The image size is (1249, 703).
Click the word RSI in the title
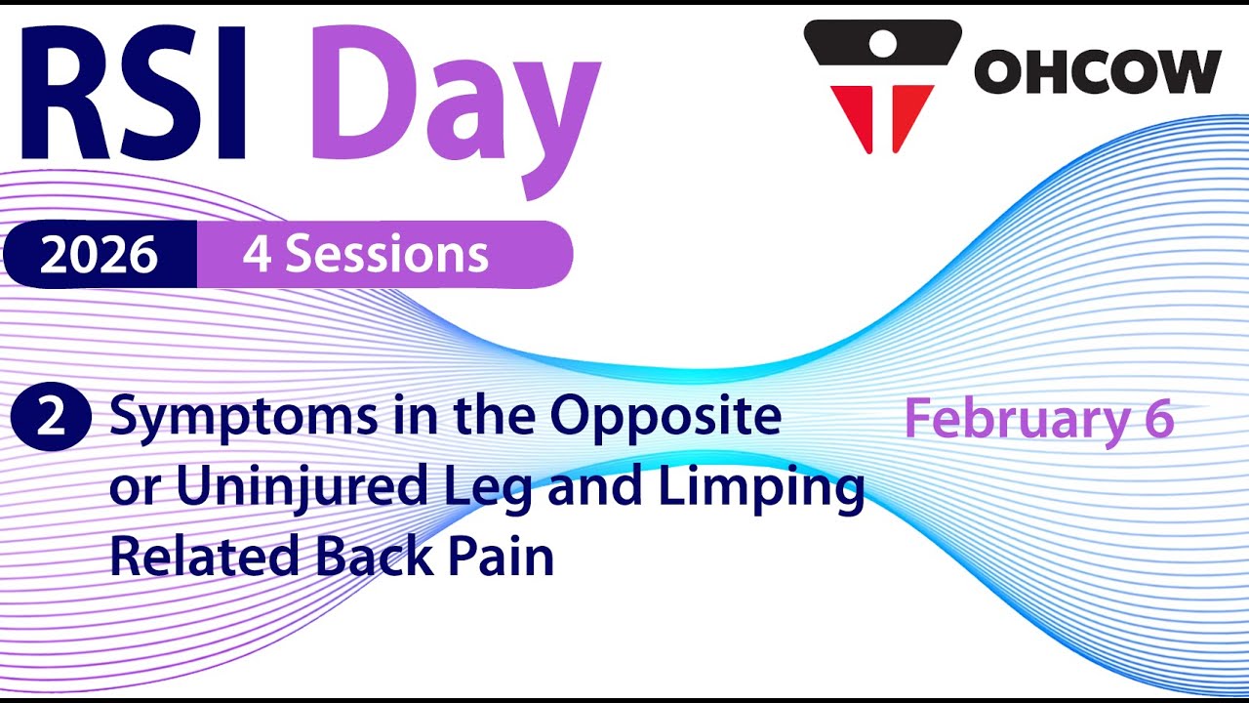[134, 92]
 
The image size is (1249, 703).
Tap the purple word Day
[455, 111]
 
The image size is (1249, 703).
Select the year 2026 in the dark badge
[99, 255]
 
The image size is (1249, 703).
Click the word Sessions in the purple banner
[387, 254]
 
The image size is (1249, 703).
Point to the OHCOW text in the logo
[1098, 71]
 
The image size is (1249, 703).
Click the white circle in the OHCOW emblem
[883, 43]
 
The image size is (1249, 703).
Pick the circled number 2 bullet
[51, 416]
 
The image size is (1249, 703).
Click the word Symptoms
[243, 419]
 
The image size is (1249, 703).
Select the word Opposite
[665, 419]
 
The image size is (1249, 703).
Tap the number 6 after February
[1159, 418]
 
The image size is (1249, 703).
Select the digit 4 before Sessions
[257, 255]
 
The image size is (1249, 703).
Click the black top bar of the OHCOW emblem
[883, 43]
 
